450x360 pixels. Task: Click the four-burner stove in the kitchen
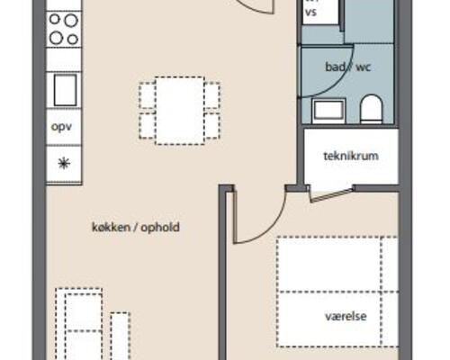tap(64, 29)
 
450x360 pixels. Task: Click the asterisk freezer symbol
tap(64, 164)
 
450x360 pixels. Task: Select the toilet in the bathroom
tap(372, 110)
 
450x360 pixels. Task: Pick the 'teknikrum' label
tap(350, 155)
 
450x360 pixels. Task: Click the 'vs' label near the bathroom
tap(310, 13)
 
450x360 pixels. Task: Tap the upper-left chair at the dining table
tap(147, 94)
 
